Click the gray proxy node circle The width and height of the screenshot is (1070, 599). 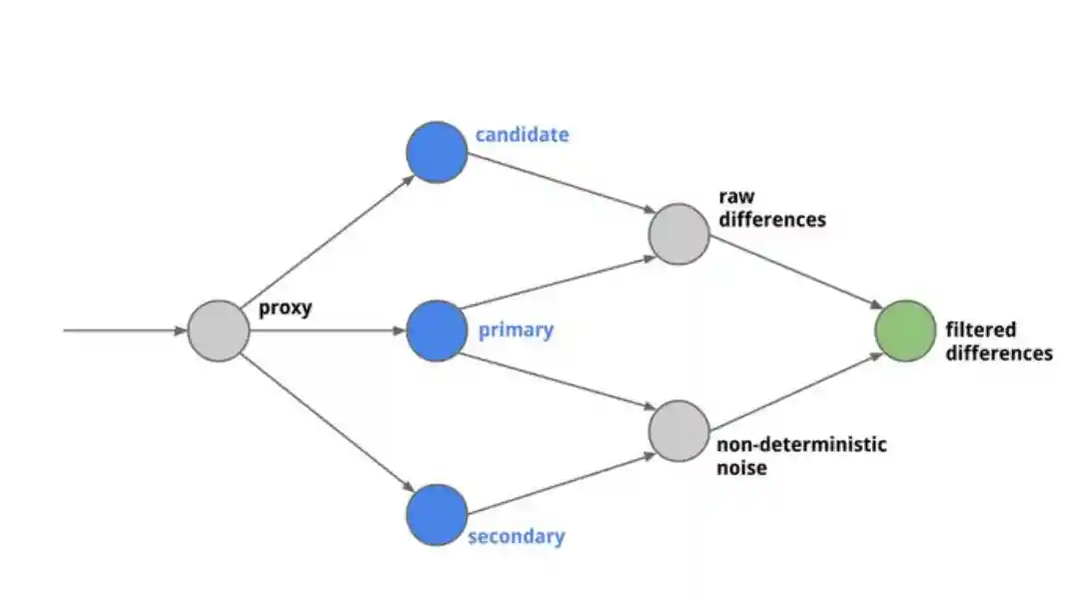[x=218, y=330]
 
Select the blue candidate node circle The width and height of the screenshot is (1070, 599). [x=437, y=152]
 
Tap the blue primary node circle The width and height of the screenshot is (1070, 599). [x=437, y=330]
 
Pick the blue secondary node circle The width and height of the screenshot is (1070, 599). [x=437, y=515]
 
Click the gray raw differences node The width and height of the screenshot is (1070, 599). [x=679, y=234]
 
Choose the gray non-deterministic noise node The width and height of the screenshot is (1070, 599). [x=679, y=430]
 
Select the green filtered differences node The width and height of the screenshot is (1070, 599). [x=905, y=330]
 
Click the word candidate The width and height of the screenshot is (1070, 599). [x=522, y=135]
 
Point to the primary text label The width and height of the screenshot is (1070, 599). [x=516, y=329]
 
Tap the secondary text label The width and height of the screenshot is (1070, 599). [x=516, y=536]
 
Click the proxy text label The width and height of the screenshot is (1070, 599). [x=285, y=308]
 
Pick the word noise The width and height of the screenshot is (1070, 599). [x=740, y=466]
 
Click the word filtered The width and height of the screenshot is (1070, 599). [x=981, y=329]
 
